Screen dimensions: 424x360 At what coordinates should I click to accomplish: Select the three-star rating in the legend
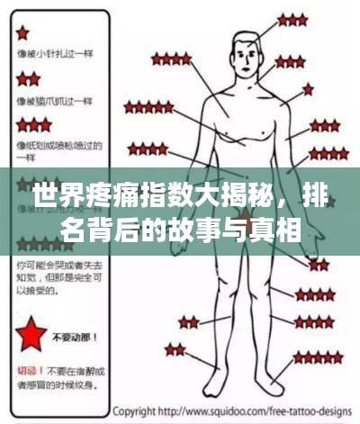coord(33,123)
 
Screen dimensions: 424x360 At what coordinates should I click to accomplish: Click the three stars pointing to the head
coord(292,19)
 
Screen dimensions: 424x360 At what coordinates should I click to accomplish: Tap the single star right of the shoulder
coord(308,88)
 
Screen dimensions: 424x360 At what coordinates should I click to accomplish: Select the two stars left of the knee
coord(188,321)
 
